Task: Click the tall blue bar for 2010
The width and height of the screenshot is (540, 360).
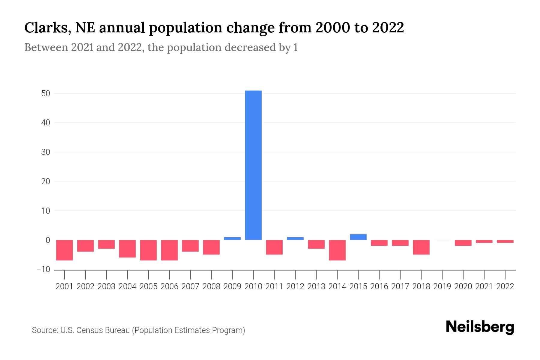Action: tap(253, 165)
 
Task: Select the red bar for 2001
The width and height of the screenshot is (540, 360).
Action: tap(64, 250)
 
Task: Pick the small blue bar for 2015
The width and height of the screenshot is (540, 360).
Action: tap(358, 237)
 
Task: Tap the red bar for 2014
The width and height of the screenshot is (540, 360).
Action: tap(337, 250)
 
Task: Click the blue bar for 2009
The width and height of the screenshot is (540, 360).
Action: tap(232, 238)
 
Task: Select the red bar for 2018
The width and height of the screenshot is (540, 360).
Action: tap(421, 247)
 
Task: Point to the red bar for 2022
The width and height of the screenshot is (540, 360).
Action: tap(505, 241)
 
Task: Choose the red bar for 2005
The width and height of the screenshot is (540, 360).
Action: tap(148, 250)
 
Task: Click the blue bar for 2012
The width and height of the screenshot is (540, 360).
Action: tap(295, 238)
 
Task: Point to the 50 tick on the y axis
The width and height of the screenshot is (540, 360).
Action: tap(46, 94)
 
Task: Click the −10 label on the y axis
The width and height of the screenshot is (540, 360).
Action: tap(43, 269)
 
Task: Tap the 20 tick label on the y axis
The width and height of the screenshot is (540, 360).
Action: tap(46, 181)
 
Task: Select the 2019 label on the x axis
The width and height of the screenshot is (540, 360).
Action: tap(442, 286)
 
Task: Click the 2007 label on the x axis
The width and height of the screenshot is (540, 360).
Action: tap(190, 286)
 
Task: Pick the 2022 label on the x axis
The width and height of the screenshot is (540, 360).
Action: tap(505, 286)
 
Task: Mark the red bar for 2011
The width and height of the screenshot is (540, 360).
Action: tap(274, 247)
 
